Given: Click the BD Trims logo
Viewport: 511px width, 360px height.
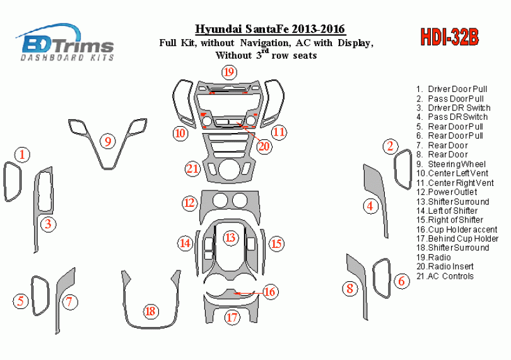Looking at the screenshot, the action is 65,42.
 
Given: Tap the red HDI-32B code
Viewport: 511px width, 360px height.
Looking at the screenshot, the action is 449,37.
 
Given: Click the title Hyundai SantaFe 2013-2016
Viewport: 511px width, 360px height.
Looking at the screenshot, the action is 270,29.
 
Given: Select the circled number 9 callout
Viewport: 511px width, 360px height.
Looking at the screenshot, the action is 108,141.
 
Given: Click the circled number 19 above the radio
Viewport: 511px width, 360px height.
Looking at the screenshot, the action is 229,72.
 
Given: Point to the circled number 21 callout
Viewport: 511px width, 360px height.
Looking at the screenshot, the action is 192,169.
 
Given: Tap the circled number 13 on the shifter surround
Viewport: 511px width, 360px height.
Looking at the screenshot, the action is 230,237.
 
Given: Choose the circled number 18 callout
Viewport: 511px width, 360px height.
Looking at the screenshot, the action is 151,311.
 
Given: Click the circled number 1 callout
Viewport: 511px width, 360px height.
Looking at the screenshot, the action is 22,154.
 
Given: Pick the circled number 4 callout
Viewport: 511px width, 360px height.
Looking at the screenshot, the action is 370,206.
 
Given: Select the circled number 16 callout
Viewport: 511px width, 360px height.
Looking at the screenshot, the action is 269,291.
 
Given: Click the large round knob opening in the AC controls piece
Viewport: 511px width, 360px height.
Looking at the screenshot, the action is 229,170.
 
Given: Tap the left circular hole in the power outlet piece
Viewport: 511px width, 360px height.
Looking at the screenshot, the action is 220,200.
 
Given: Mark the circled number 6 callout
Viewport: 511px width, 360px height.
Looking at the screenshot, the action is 401,281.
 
